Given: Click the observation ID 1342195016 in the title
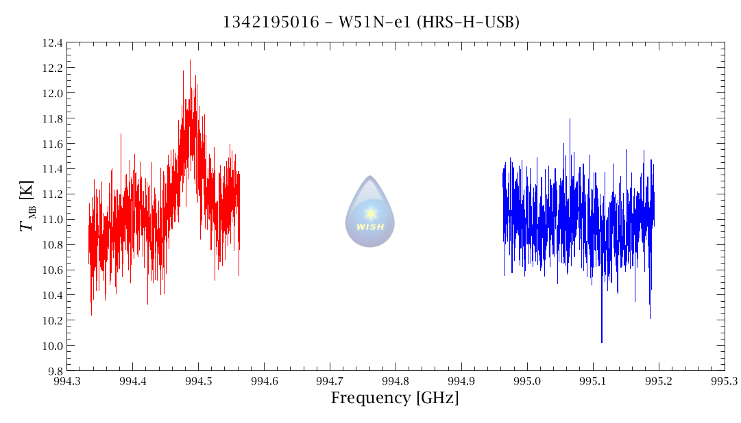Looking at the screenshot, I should pos(271,22).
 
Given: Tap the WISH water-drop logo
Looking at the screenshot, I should pos(370,211).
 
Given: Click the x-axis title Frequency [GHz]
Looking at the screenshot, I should pos(395,398).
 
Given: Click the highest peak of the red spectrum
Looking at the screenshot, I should pos(190,60).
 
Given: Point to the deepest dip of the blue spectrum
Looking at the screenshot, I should pos(602,342).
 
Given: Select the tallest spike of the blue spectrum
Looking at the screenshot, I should pos(570,119).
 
